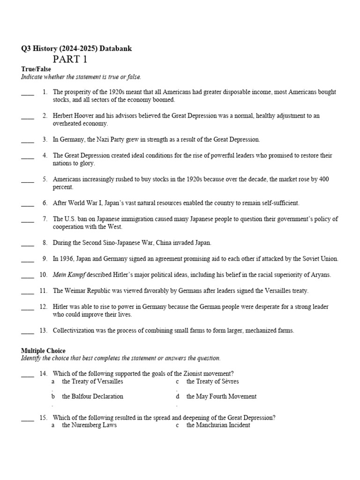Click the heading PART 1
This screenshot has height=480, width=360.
(70, 59)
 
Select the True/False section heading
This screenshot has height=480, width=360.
(36, 69)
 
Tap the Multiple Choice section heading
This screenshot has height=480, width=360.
(43, 351)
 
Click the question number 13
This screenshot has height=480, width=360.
(44, 330)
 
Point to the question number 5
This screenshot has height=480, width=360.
(45, 179)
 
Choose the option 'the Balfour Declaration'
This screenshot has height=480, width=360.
(92, 396)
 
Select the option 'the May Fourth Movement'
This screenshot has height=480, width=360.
(221, 396)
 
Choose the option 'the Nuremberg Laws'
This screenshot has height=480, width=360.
(89, 425)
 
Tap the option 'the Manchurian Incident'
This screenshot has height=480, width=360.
(218, 425)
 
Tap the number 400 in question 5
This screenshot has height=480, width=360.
(323, 179)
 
